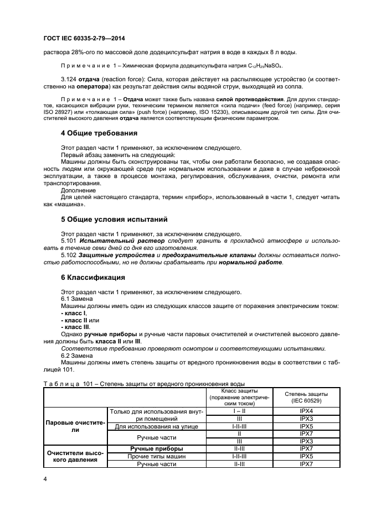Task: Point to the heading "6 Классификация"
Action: [x=93, y=277]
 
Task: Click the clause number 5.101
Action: [x=69, y=241]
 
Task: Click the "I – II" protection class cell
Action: [x=240, y=411]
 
